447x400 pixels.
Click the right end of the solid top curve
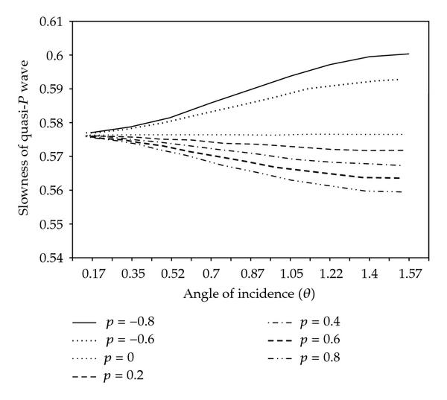coord(409,54)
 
